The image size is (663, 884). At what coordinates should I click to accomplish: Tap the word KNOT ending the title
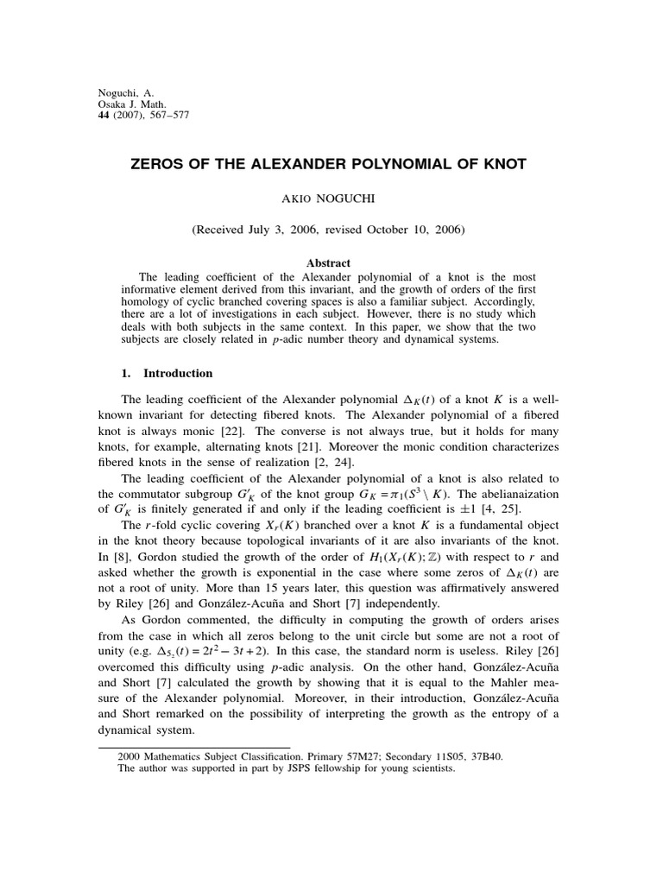coord(500,163)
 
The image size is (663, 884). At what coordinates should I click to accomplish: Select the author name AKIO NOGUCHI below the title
coord(331,198)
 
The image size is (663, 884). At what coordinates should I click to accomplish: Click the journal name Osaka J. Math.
coord(128,103)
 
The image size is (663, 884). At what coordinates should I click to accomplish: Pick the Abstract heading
coord(331,263)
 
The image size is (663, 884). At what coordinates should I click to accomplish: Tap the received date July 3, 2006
coord(281,230)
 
